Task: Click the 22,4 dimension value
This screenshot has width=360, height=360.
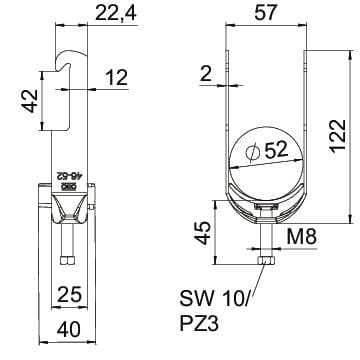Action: click(x=116, y=13)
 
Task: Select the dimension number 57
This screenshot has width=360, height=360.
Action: click(x=266, y=13)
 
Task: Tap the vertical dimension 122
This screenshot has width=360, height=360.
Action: click(x=338, y=135)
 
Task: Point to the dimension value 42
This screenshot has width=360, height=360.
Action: click(x=29, y=100)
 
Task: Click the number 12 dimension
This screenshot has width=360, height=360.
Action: click(x=116, y=77)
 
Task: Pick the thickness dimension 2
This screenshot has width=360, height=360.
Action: click(x=206, y=74)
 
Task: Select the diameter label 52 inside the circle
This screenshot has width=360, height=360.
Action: click(x=276, y=150)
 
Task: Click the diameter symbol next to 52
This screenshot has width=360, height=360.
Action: click(x=252, y=152)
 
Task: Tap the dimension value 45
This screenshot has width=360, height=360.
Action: click(x=203, y=233)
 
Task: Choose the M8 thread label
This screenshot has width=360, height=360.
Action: click(x=301, y=237)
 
